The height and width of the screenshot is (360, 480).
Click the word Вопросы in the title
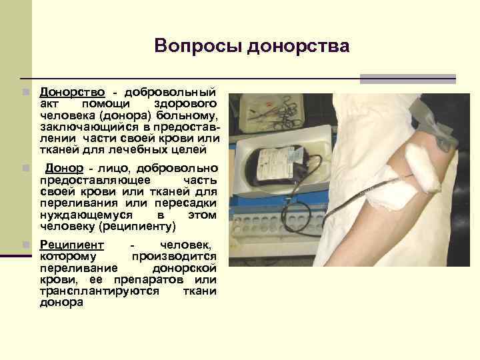pyautogui.click(x=197, y=46)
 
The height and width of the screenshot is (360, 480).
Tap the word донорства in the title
pyautogui.click(x=298, y=46)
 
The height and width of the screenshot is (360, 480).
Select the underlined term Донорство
pyautogui.click(x=70, y=91)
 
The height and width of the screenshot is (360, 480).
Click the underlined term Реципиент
pyautogui.click(x=72, y=245)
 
